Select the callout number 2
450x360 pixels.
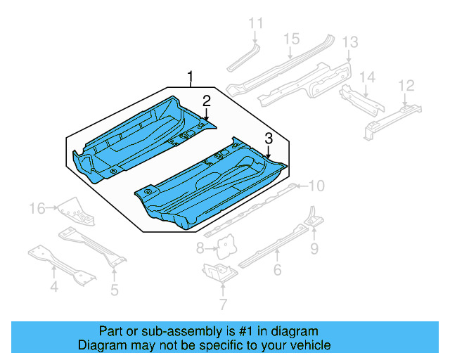tap(206, 100)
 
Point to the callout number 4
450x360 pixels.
tap(53, 286)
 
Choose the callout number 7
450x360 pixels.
tap(223, 304)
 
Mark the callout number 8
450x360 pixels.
tap(200, 247)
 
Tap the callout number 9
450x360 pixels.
tap(314, 247)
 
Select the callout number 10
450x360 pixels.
tap(316, 186)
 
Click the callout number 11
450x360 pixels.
tap(256, 23)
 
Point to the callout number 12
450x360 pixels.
tap(406, 85)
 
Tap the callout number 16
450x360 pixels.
tap(37, 207)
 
